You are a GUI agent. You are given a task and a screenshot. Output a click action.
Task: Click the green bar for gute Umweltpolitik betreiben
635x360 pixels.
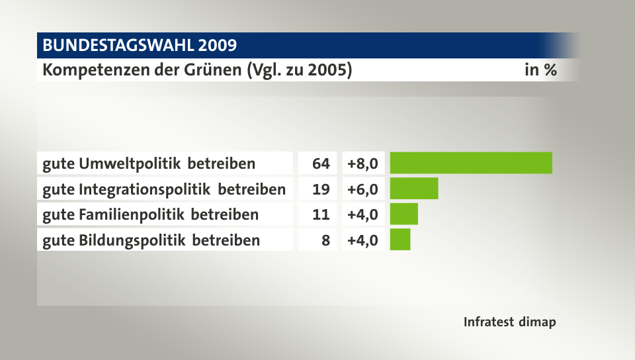tap(471, 163)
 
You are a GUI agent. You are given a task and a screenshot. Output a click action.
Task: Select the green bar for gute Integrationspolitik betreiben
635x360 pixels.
tap(414, 189)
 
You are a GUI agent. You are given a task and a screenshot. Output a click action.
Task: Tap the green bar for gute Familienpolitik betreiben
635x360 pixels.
tap(404, 214)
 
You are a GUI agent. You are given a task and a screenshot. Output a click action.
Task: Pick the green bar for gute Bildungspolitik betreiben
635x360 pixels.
tap(400, 240)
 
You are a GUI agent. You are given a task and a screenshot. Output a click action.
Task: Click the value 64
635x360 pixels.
tap(321, 163)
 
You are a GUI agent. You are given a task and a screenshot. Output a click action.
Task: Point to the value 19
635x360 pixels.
tap(321, 189)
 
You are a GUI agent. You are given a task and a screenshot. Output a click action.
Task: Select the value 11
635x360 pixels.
tap(321, 214)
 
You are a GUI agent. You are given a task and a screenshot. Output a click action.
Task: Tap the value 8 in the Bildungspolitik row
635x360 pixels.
tap(325, 240)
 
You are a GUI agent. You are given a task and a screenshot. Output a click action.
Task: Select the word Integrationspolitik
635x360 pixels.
tap(146, 189)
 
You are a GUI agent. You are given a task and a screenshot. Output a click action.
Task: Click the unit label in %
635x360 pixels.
tap(540, 69)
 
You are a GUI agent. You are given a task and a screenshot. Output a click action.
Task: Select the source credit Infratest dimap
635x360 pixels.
tap(509, 322)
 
